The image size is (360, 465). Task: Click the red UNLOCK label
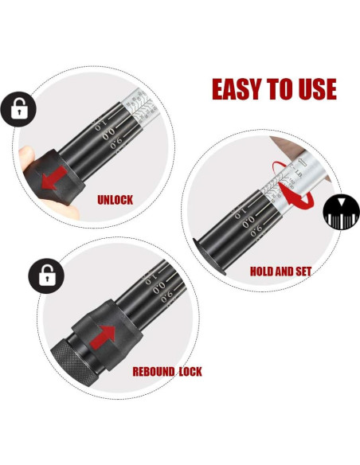[x=115, y=200]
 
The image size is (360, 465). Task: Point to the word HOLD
[x=264, y=272]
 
